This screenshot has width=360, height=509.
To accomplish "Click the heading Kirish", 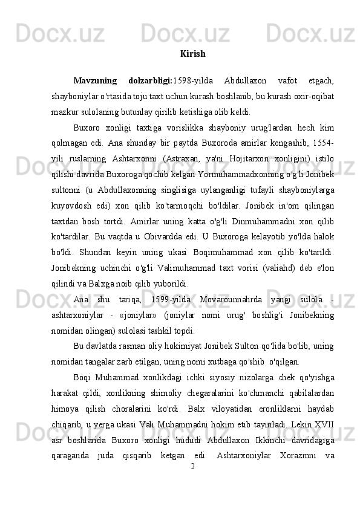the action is (192, 54).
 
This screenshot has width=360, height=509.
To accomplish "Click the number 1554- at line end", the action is (322, 143).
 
